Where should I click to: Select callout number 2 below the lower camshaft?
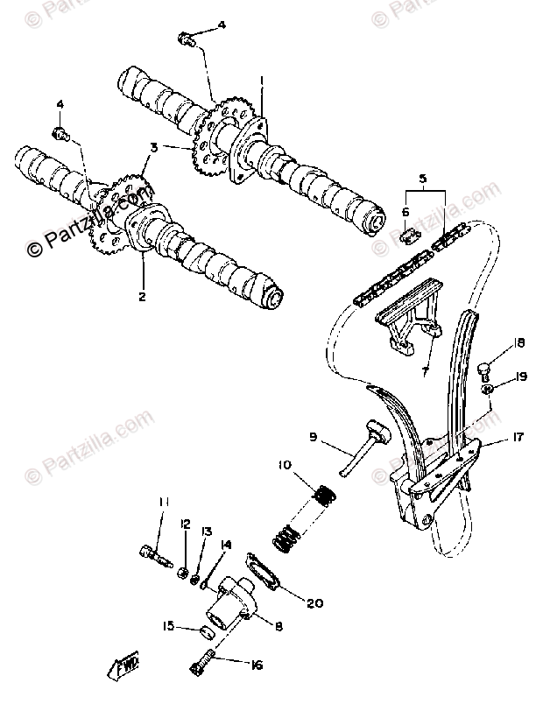pos(140,295)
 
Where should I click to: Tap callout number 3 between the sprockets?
pos(154,148)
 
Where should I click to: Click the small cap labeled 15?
pos(206,630)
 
